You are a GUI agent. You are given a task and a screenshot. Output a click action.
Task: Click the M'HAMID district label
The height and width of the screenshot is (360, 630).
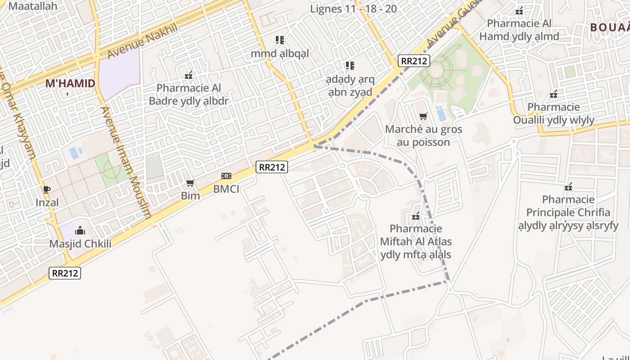[70, 83]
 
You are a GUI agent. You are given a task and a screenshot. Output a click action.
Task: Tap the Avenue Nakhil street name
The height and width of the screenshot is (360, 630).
[143, 41]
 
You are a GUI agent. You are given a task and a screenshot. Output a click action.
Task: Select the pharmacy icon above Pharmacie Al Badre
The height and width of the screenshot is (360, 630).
[189, 75]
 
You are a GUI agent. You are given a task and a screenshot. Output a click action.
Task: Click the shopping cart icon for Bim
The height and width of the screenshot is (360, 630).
[190, 183]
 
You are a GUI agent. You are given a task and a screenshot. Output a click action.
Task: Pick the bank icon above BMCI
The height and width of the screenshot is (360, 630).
[226, 176]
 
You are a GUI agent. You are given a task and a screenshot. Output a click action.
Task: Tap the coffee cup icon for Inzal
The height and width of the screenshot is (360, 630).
[47, 189]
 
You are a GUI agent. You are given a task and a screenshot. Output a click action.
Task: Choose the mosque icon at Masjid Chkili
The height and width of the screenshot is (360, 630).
[80, 231]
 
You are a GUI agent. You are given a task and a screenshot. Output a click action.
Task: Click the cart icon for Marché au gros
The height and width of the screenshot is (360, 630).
[423, 117]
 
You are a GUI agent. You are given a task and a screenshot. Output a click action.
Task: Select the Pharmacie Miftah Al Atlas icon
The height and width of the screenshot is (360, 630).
[416, 216]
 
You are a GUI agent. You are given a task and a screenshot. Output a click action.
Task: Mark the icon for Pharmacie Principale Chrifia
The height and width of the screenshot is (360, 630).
[568, 186]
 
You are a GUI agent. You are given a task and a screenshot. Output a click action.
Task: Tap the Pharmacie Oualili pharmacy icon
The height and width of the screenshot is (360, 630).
[553, 94]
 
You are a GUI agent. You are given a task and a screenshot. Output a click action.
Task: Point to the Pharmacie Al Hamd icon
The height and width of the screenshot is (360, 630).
[519, 10]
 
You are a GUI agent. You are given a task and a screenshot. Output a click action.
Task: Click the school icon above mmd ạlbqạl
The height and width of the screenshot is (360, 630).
[280, 40]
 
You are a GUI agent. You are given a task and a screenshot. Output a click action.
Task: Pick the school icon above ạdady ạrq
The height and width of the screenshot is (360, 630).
[350, 66]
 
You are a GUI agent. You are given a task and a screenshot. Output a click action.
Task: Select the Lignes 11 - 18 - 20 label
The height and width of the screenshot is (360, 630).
[353, 9]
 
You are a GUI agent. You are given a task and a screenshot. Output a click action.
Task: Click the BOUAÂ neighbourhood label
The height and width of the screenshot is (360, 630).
[609, 27]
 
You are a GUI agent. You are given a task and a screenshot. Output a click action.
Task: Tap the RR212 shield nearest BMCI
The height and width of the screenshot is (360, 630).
[272, 167]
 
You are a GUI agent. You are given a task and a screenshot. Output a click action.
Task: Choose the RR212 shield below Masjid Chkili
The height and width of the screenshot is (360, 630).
[65, 273]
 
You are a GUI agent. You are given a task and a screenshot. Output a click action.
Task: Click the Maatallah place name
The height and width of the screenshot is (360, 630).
[33, 6]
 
